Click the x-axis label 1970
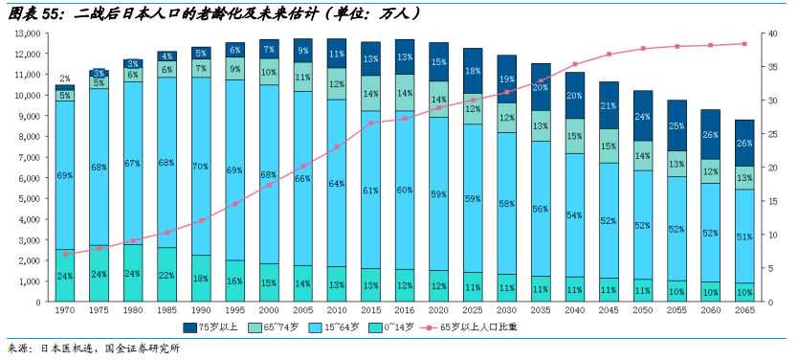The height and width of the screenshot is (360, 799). click(x=65, y=312)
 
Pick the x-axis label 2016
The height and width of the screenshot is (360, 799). click(x=405, y=312)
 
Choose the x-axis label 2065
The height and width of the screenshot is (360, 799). click(x=744, y=312)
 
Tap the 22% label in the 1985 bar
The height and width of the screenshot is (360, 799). click(x=167, y=276)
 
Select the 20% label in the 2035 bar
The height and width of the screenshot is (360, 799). click(x=541, y=87)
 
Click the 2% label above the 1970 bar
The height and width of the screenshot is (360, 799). click(x=65, y=79)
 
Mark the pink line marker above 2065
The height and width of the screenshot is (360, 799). click(x=744, y=43)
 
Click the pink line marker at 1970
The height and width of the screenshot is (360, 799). click(x=65, y=254)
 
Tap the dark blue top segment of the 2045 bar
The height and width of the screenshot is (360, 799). click(x=609, y=105)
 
